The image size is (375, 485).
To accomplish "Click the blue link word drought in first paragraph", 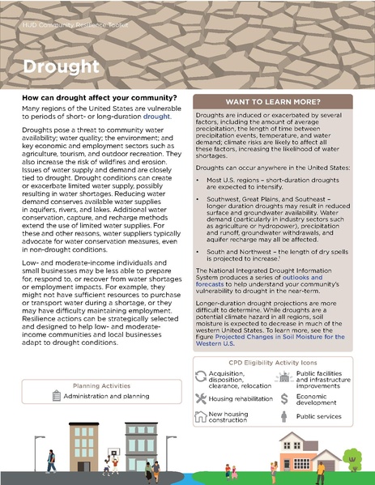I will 156,117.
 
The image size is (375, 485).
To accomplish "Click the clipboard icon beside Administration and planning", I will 56,396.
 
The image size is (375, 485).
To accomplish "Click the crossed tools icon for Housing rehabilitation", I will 202,398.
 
